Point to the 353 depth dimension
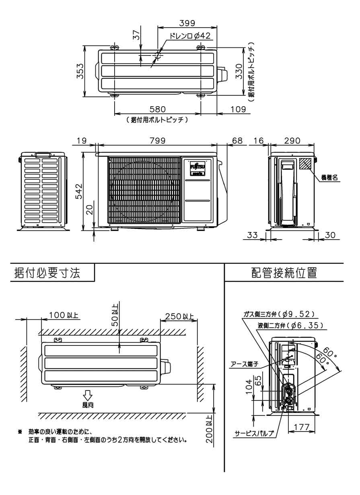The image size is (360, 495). tap(80, 71)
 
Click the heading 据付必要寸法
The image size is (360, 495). tap(47, 273)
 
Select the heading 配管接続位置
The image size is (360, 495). tap(284, 273)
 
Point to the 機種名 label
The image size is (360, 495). tap(329, 177)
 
